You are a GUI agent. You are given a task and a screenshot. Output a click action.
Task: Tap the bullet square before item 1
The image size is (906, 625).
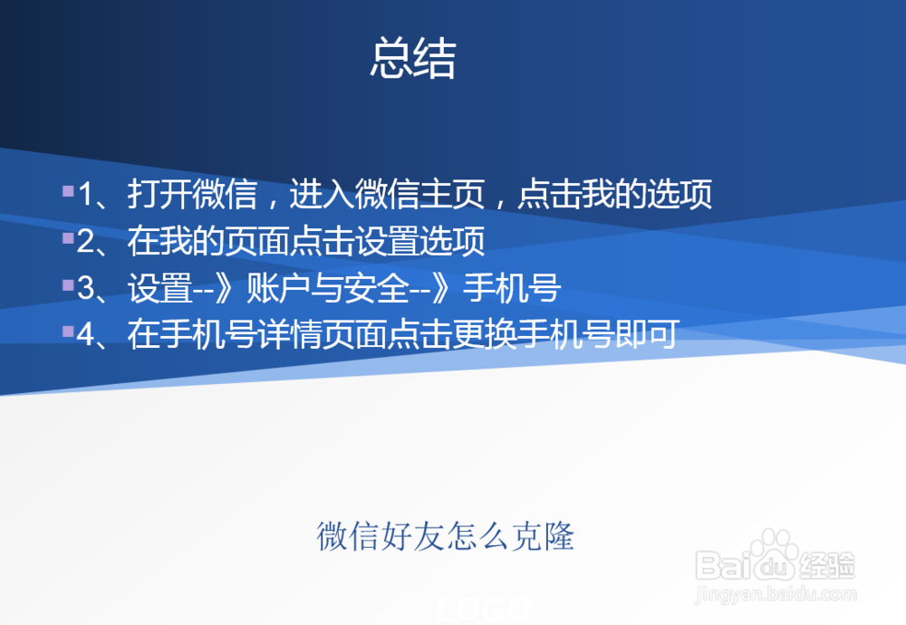[68, 191]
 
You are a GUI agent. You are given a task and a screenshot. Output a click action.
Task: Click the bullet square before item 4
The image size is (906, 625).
[68, 332]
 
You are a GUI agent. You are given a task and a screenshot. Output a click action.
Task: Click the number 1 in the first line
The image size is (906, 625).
[87, 195]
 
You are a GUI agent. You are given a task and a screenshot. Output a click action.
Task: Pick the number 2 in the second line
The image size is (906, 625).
[87, 242]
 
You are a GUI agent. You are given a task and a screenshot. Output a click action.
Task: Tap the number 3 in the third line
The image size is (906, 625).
[87, 289]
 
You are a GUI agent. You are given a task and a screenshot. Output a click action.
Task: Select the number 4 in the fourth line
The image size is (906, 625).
[87, 336]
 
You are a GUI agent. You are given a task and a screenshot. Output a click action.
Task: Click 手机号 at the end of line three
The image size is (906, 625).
[513, 289]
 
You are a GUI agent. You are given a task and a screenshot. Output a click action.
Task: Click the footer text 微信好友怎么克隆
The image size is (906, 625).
[445, 536]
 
